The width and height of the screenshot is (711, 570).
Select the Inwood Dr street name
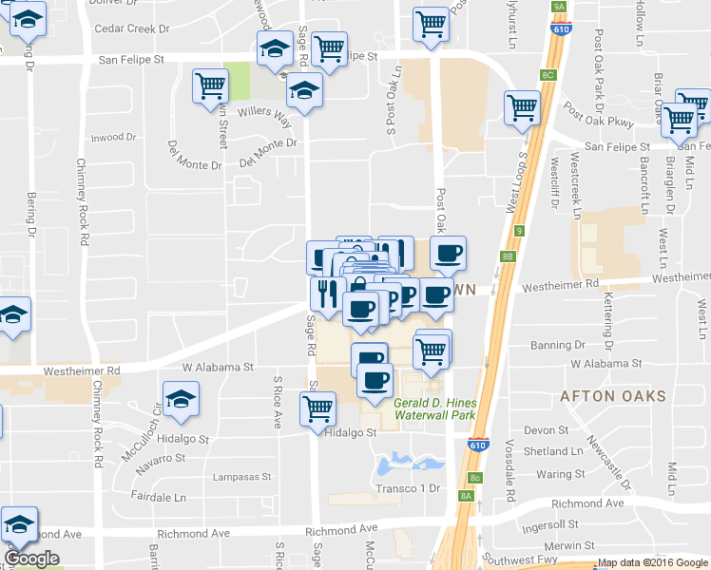pyautogui.click(x=114, y=138)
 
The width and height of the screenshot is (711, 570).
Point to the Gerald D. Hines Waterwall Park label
pyautogui.click(x=434, y=409)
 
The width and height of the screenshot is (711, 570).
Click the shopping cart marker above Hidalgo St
pyautogui.click(x=317, y=408)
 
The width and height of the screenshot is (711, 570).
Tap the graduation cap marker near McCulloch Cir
pyautogui.click(x=181, y=399)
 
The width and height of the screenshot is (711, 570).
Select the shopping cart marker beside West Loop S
pyautogui.click(x=523, y=107)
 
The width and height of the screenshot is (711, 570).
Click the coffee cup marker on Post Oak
pyautogui.click(x=449, y=253)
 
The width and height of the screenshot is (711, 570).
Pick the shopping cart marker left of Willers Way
pyautogui.click(x=210, y=85)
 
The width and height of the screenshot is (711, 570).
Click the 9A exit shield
pyautogui.click(x=558, y=7)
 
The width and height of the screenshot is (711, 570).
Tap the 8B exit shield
pyautogui.click(x=508, y=256)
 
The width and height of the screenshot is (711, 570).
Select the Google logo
pyautogui.click(x=31, y=559)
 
